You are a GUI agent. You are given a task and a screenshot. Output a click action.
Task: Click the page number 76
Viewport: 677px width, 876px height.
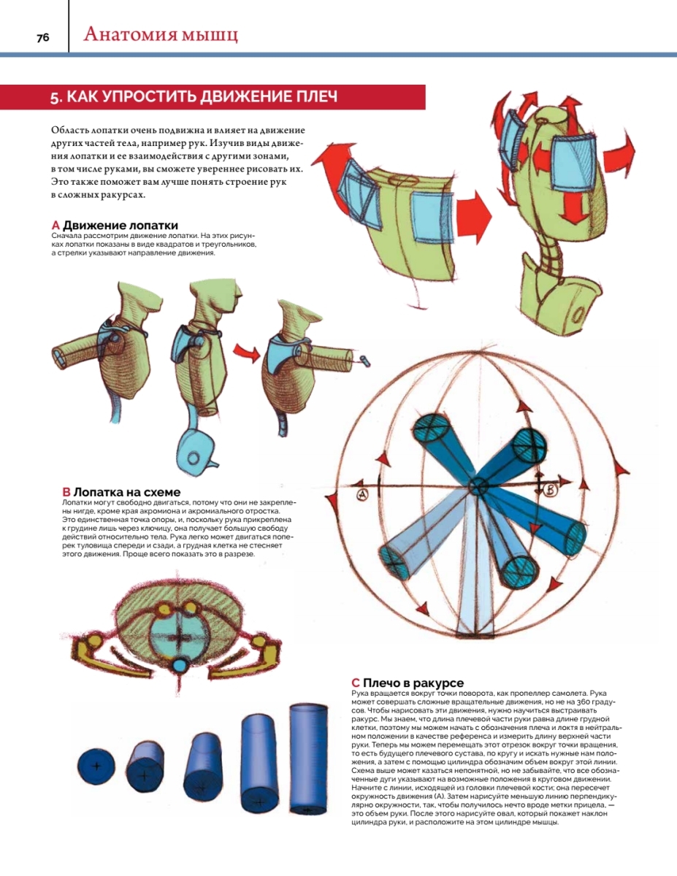point(42,37)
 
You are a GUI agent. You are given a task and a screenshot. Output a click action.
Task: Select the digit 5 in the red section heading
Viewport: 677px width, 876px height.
point(53,98)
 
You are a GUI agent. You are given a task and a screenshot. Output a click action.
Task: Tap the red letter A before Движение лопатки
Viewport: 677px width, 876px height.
point(56,225)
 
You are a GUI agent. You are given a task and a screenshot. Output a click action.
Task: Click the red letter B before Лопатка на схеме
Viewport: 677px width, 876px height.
point(66,492)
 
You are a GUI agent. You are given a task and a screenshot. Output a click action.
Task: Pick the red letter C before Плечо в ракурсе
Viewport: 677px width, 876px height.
point(356,683)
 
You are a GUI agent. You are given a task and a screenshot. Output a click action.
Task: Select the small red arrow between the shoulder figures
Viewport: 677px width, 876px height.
point(246,353)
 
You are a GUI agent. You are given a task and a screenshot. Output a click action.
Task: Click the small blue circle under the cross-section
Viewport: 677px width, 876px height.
point(180,664)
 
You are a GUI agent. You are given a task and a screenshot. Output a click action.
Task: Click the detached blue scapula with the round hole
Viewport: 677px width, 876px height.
point(195,452)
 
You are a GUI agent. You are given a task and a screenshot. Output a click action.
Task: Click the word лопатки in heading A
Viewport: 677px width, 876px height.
point(153,225)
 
